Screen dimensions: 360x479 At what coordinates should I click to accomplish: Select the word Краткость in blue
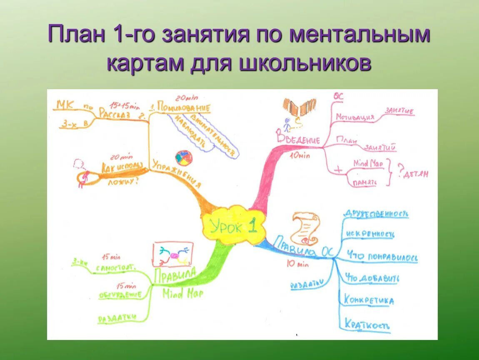pos(367,325)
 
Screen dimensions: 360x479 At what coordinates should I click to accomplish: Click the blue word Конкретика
pos(369,300)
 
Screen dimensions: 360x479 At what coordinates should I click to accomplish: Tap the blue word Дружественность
pos(375,214)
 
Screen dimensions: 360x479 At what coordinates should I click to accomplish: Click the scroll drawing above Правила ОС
pos(305,228)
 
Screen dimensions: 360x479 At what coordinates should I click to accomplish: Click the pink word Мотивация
pos(355,117)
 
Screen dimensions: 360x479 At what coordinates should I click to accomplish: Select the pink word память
pos(365,182)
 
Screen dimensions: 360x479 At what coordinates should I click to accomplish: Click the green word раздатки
pos(117,318)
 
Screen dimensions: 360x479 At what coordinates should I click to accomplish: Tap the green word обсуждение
pos(120,295)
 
